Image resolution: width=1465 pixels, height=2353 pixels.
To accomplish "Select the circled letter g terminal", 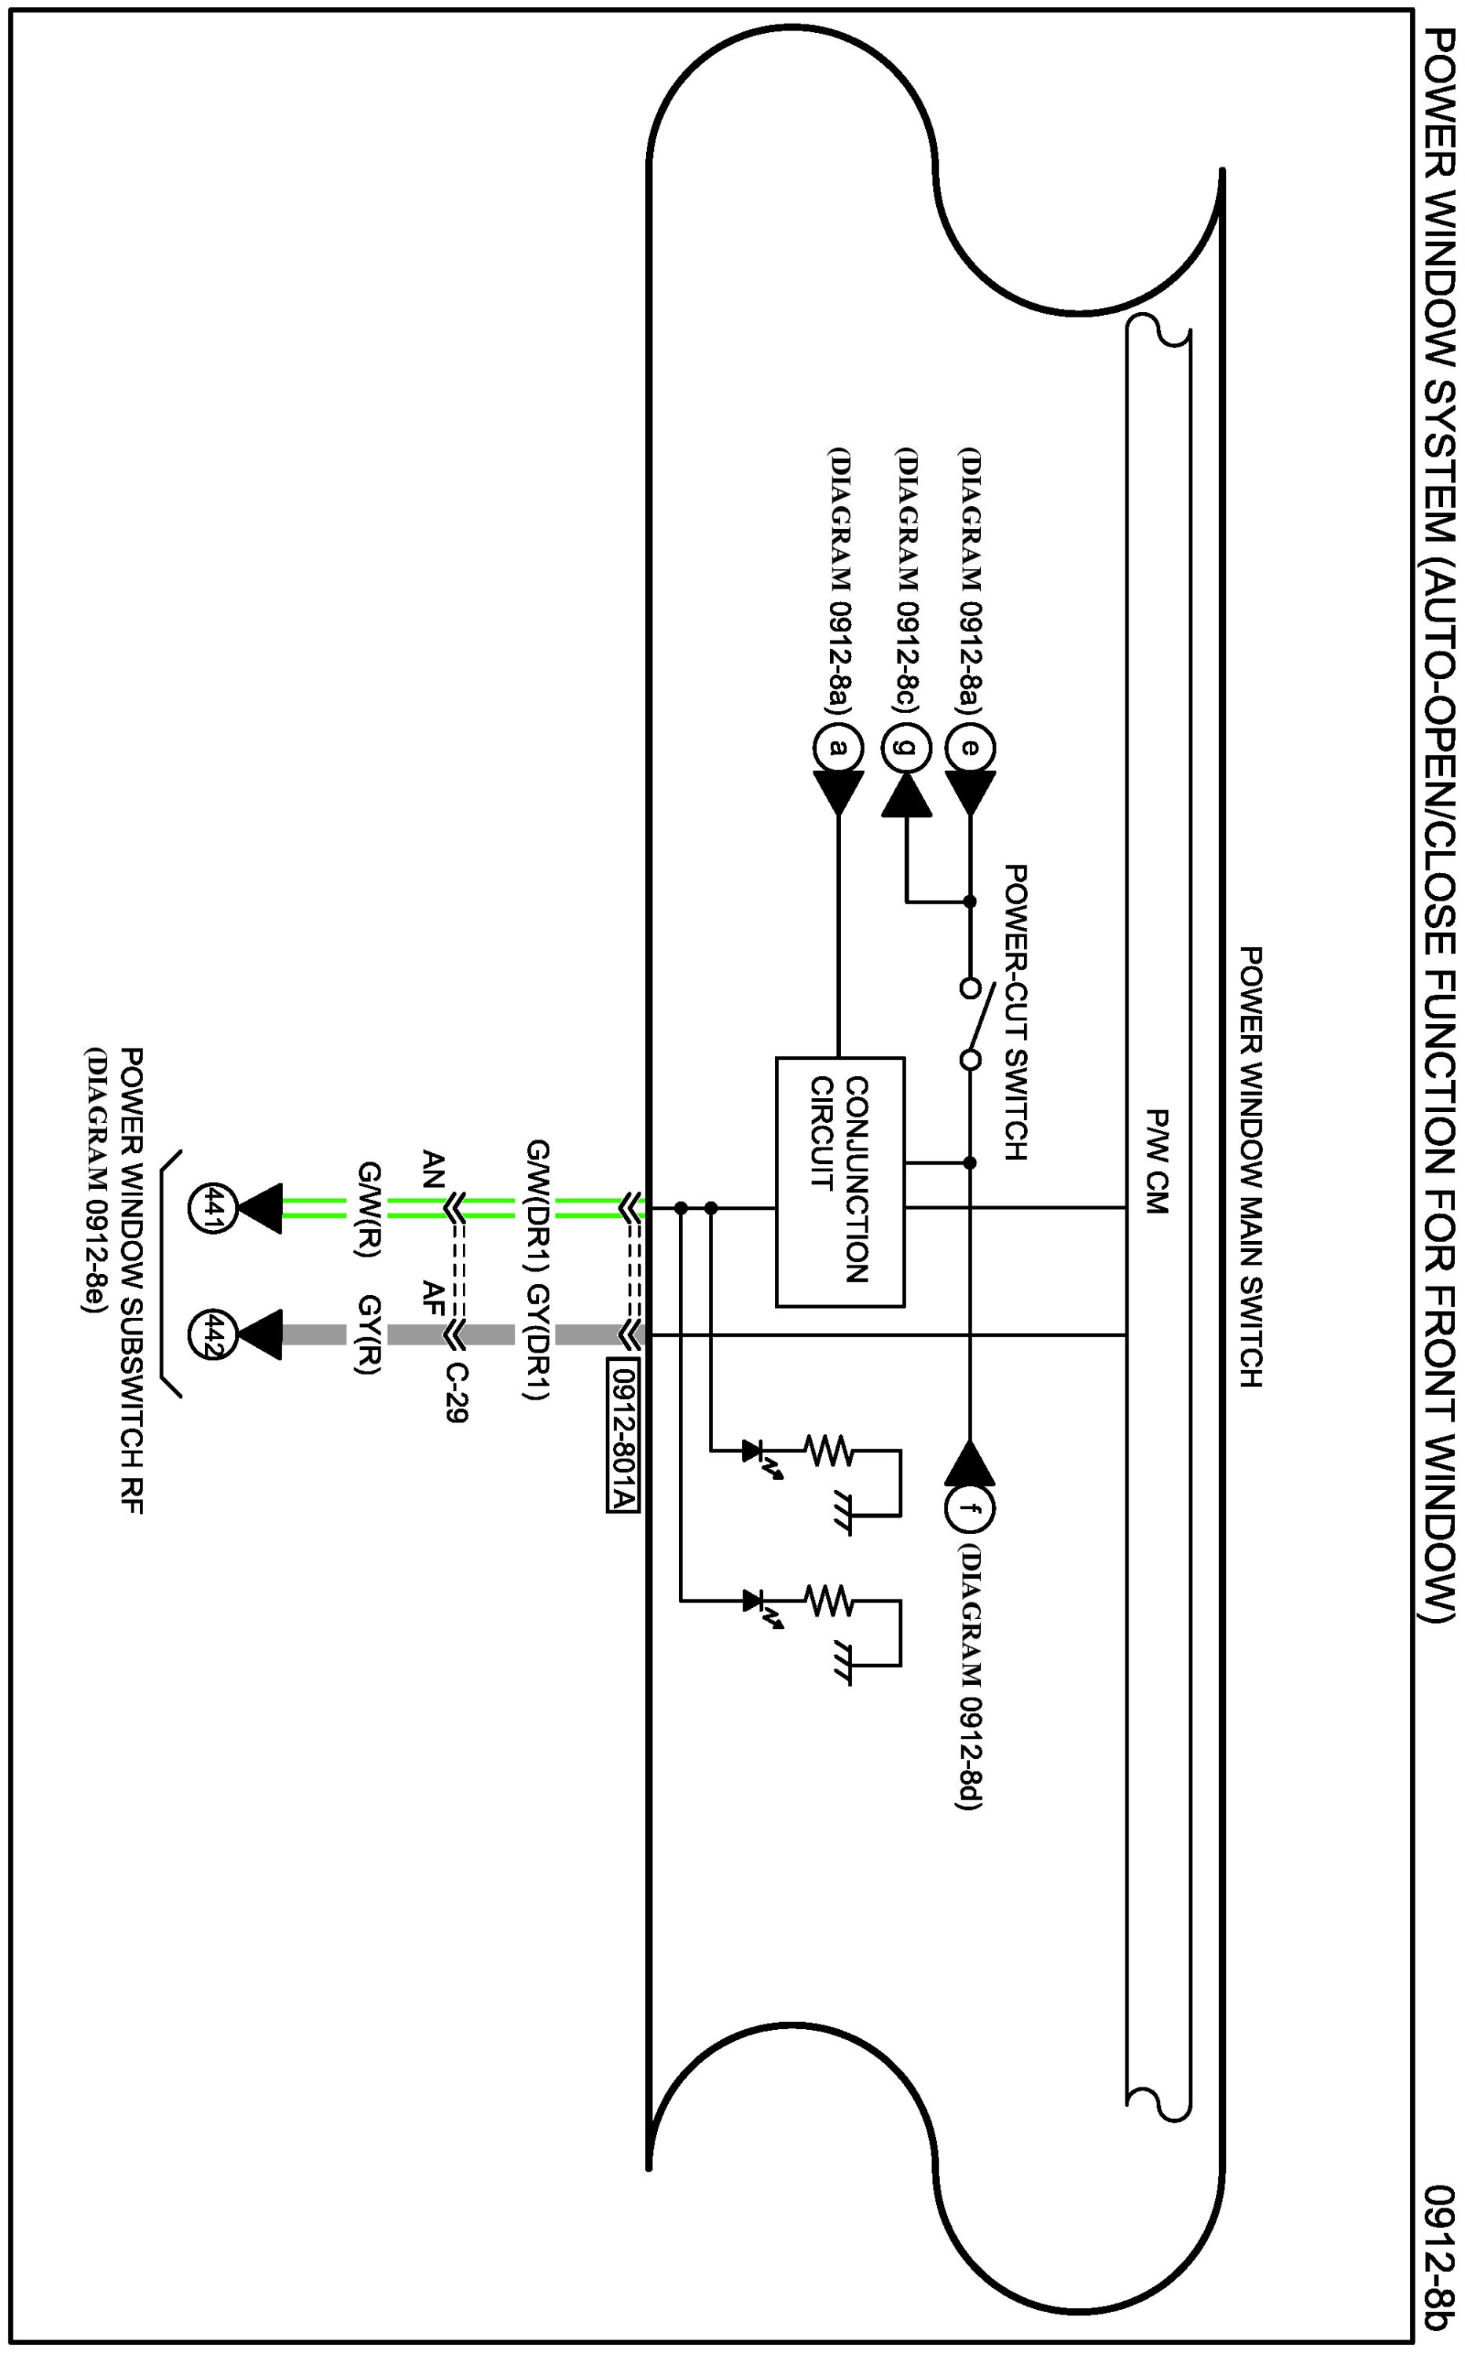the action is pyautogui.click(x=906, y=747).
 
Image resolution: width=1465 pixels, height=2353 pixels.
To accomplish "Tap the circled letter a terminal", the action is pyautogui.click(x=839, y=747).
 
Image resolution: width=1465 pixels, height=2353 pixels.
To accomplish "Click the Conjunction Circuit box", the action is pyautogui.click(x=840, y=1182).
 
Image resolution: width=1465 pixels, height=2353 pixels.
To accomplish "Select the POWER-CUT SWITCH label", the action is pyautogui.click(x=1015, y=1012).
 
